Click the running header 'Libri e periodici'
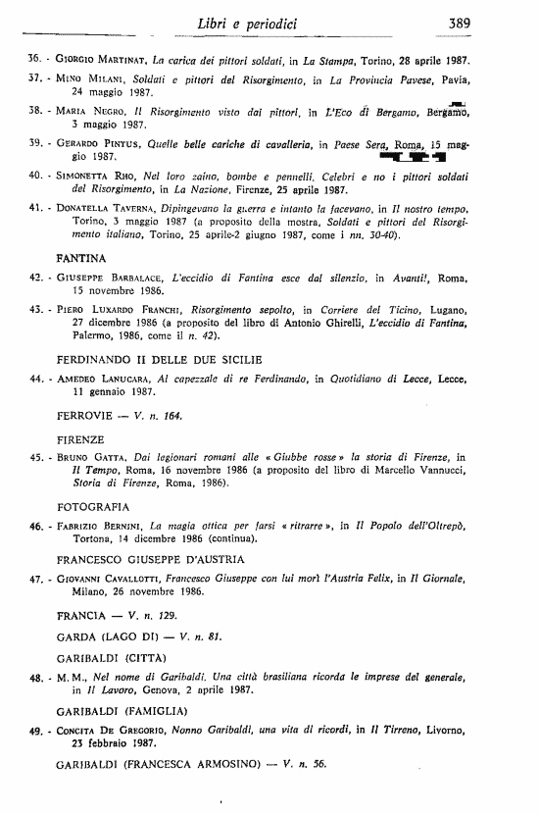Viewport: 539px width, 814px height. pyautogui.click(x=261, y=21)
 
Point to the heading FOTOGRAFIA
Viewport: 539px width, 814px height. pyautogui.click(x=93, y=507)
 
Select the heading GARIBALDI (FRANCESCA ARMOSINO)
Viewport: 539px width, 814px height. pyautogui.click(x=164, y=762)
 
